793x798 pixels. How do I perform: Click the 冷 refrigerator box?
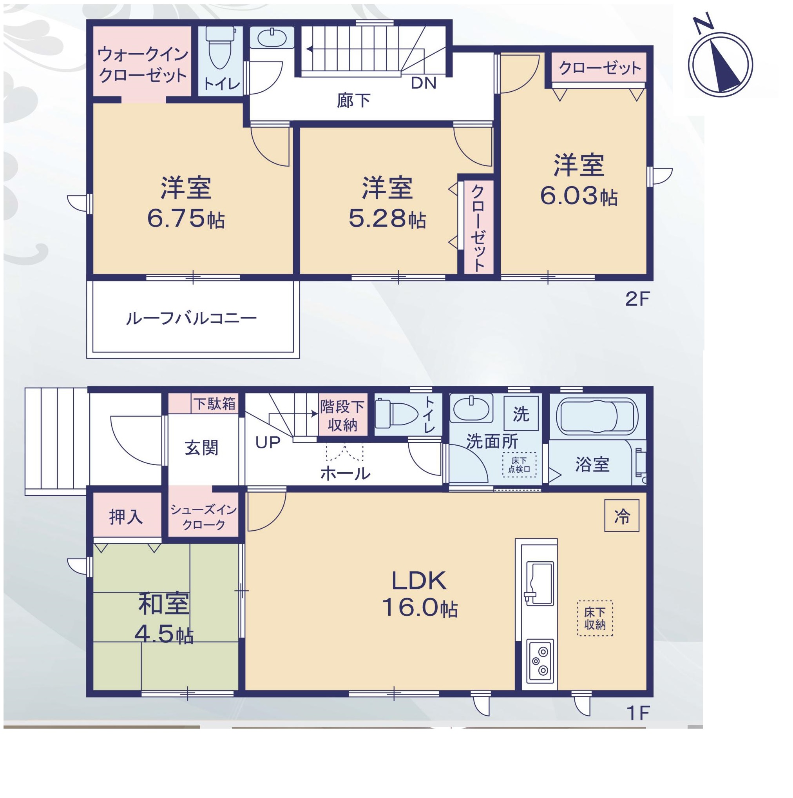(x=622, y=515)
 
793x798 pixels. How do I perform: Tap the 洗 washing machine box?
(x=521, y=414)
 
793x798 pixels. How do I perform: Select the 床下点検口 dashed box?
(x=519, y=465)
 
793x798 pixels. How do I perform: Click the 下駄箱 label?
(x=214, y=404)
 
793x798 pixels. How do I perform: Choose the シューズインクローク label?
(x=203, y=517)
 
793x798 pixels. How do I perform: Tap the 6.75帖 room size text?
(x=186, y=219)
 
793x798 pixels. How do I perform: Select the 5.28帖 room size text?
(x=387, y=219)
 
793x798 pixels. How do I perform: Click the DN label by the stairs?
(x=424, y=84)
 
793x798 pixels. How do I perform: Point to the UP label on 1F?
(x=268, y=443)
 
